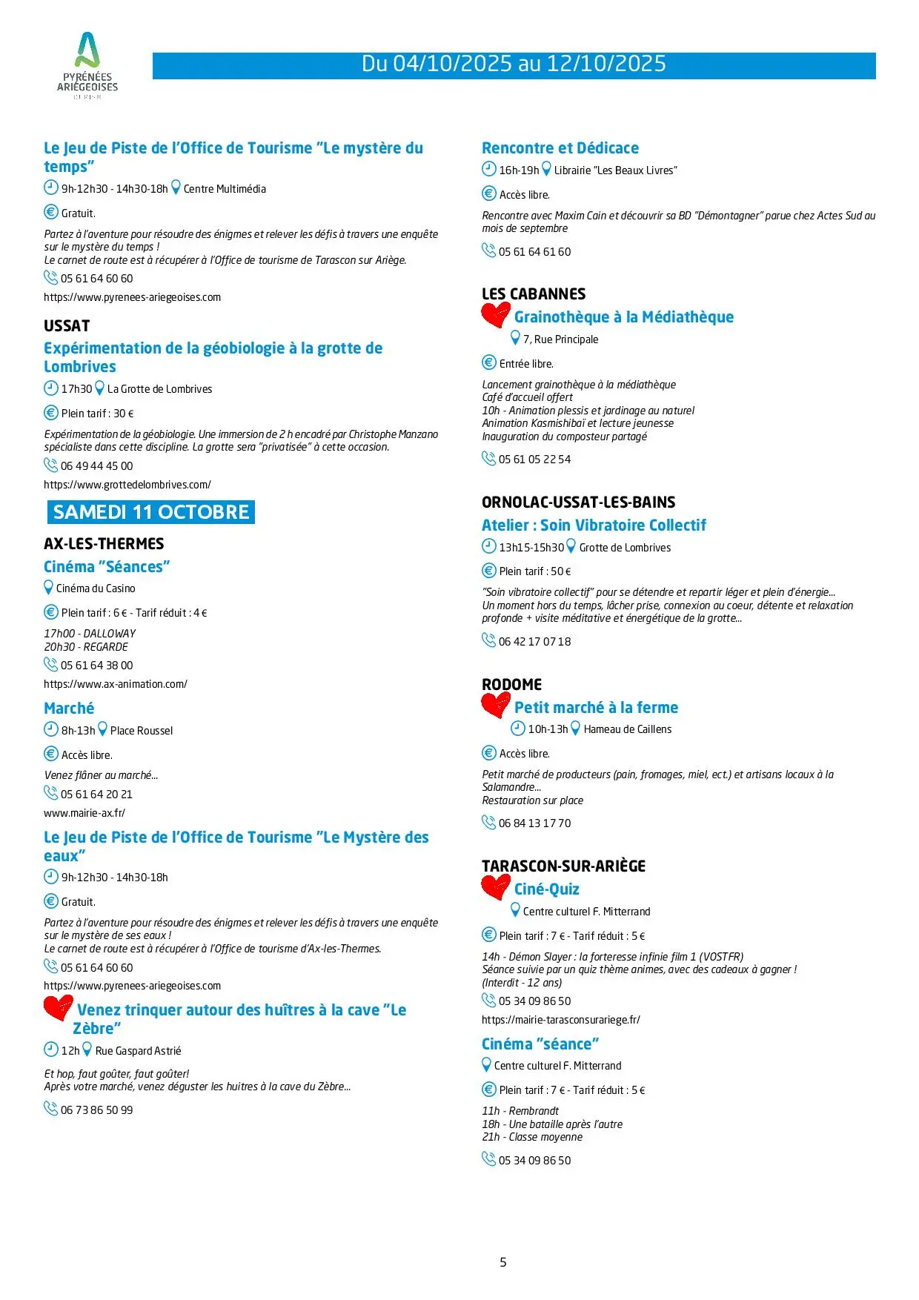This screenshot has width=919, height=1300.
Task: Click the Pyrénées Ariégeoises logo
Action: click(x=87, y=65)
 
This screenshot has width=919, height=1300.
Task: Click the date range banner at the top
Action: click(x=514, y=64)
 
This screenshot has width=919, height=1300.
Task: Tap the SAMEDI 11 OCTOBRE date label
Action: click(x=151, y=512)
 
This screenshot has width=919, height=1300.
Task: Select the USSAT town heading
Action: click(x=67, y=326)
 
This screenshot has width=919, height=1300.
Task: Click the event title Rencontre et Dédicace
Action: click(x=560, y=148)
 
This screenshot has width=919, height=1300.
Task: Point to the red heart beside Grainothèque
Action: click(x=496, y=315)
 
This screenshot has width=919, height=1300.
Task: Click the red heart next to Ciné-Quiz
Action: click(x=496, y=887)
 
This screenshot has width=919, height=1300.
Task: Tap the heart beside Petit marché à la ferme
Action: click(x=496, y=705)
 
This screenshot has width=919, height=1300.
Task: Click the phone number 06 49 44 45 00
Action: click(x=96, y=466)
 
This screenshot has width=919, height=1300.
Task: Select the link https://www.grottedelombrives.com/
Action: click(x=127, y=485)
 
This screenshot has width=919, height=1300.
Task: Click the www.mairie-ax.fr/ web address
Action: click(x=84, y=813)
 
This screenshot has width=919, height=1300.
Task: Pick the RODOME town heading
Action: click(x=511, y=685)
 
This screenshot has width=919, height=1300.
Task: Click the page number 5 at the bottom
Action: click(x=503, y=1262)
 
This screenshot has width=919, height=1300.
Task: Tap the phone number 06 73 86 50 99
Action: click(x=96, y=1110)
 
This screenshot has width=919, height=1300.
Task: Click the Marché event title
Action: click(x=69, y=709)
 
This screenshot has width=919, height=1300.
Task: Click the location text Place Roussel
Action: click(x=142, y=731)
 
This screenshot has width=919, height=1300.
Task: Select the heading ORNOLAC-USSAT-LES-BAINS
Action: click(x=578, y=503)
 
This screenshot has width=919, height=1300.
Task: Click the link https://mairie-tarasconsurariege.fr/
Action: click(x=561, y=1020)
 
